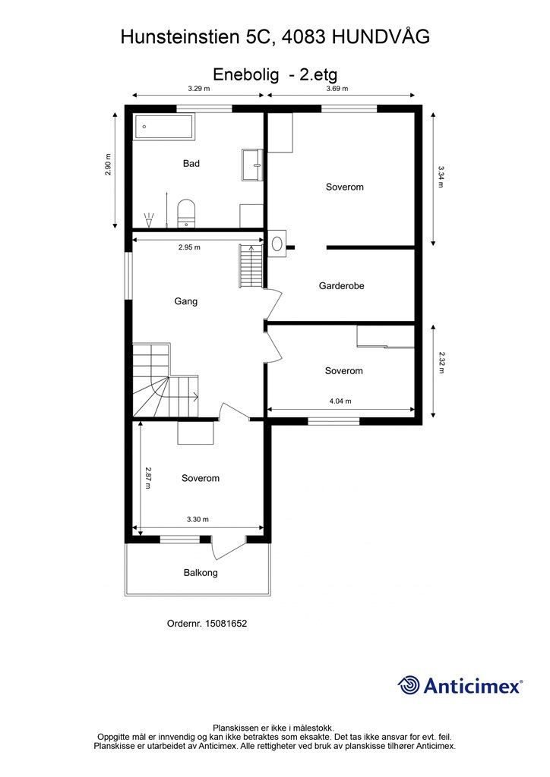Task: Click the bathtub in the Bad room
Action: coord(164,127)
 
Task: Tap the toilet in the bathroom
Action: coord(186,213)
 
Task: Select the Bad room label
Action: coord(191,164)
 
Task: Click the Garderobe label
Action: coord(342,286)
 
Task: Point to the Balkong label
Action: coord(201,573)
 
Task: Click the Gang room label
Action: coord(186,301)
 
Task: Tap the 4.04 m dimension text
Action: coord(340,401)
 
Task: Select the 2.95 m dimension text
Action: coord(189,247)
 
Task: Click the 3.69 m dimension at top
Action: coord(337,89)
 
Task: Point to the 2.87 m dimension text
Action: coord(148,477)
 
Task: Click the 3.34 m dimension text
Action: coord(441,177)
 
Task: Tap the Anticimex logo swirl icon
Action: coord(409,685)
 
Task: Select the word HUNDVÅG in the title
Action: coord(381,36)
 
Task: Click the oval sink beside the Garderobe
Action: coord(277,244)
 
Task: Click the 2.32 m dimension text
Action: coord(441,362)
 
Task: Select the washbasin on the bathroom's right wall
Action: coord(252,165)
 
